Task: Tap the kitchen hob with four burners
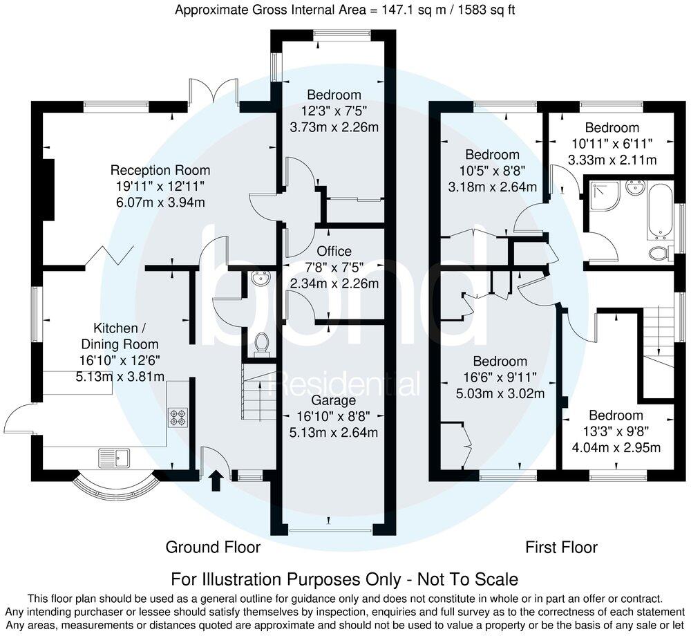(x=176, y=417)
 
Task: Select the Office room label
(x=334, y=251)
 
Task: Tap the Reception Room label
(x=160, y=170)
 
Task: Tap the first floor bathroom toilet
(x=659, y=254)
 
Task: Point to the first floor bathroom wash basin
(x=634, y=187)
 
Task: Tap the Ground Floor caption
(x=213, y=548)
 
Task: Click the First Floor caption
(x=561, y=548)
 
